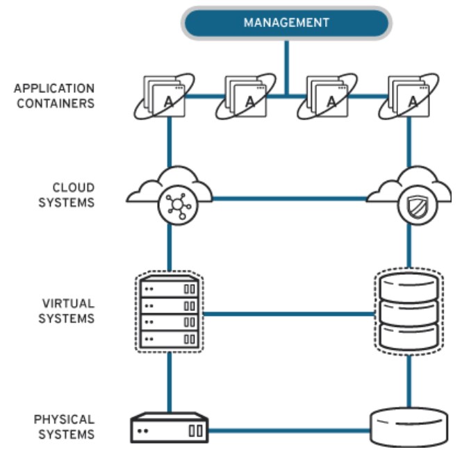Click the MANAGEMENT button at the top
[286, 23]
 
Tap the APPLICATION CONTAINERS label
[54, 96]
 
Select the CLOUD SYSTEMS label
[67, 195]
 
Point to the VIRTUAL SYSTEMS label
[67, 311]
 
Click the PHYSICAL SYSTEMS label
[64, 427]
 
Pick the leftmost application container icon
[164, 96]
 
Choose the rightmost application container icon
[409, 96]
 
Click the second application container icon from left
[246, 96]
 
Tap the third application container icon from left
[327, 96]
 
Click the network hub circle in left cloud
[179, 205]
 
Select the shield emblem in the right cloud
[418, 205]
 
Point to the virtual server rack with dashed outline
[170, 312]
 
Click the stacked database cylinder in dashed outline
[409, 312]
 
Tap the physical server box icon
[170, 428]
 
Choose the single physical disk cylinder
[409, 428]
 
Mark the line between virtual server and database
[289, 314]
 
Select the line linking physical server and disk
[289, 431]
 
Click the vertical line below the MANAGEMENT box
[287, 68]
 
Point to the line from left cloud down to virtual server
[170, 247]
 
